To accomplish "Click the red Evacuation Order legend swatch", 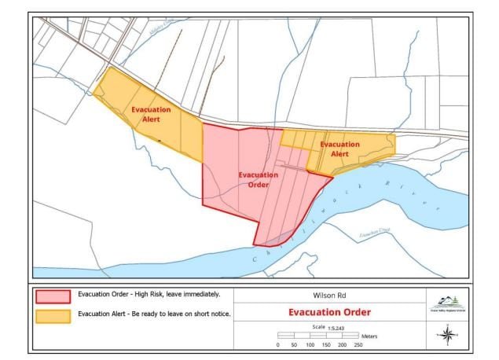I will point(53,296).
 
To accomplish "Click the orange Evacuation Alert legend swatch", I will point(53,316).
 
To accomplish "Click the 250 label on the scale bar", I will point(358,344).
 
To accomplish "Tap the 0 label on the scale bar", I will point(278,344).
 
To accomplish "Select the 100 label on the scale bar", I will point(310,344).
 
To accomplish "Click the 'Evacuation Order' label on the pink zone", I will point(258,179).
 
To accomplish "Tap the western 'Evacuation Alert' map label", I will point(152,115).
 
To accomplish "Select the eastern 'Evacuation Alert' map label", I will point(339,149).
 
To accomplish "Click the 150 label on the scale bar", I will point(326,344).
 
